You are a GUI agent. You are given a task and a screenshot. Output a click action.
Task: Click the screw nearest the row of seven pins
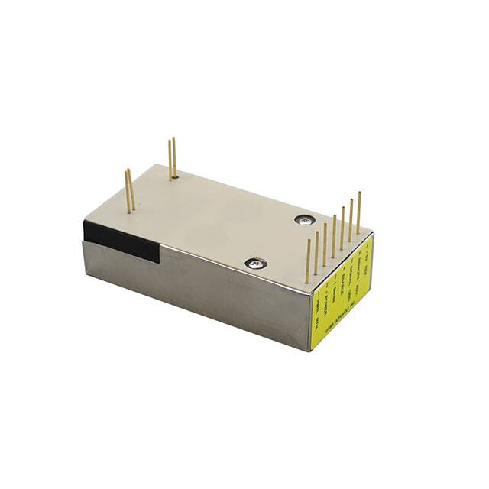(303, 219)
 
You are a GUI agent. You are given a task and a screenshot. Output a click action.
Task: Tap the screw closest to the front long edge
(255, 264)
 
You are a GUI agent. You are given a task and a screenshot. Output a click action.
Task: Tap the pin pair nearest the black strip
(130, 189)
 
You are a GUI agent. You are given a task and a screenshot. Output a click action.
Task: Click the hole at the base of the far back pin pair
(174, 176)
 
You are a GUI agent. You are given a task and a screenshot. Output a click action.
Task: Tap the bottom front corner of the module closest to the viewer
(311, 351)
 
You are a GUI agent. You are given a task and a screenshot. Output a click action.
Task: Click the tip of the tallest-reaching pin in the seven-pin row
(358, 193)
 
